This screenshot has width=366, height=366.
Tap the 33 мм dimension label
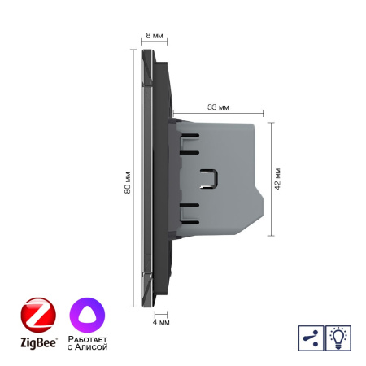217,106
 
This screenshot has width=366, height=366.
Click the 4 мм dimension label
161,322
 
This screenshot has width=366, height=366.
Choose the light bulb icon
338,338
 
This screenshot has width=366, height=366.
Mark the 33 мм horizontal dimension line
217,114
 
